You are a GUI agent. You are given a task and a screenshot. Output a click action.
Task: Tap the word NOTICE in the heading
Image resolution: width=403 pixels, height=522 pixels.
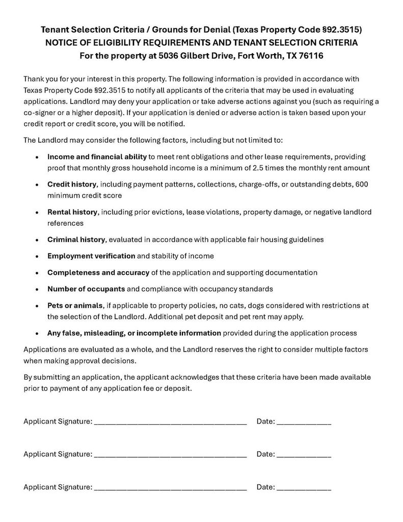[x=63, y=43]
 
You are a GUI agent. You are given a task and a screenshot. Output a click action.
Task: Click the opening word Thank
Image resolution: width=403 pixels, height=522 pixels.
[x=34, y=79]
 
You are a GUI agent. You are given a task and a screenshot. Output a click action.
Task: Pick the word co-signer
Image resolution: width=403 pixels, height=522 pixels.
[x=44, y=113]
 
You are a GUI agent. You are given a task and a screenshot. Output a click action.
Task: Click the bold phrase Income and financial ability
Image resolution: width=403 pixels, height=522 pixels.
[x=97, y=156]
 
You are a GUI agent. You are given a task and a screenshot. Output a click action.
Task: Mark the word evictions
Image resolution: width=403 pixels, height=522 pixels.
[x=167, y=212]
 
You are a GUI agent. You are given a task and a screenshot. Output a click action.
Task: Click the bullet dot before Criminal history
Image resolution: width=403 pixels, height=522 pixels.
[x=37, y=240]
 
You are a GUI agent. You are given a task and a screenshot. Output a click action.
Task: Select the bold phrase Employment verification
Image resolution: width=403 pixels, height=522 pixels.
[x=91, y=256]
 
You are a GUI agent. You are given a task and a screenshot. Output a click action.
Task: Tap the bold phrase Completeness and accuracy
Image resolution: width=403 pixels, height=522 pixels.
[x=98, y=272]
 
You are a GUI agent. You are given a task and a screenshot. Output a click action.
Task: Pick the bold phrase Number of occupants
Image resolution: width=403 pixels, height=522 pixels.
[x=86, y=289]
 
